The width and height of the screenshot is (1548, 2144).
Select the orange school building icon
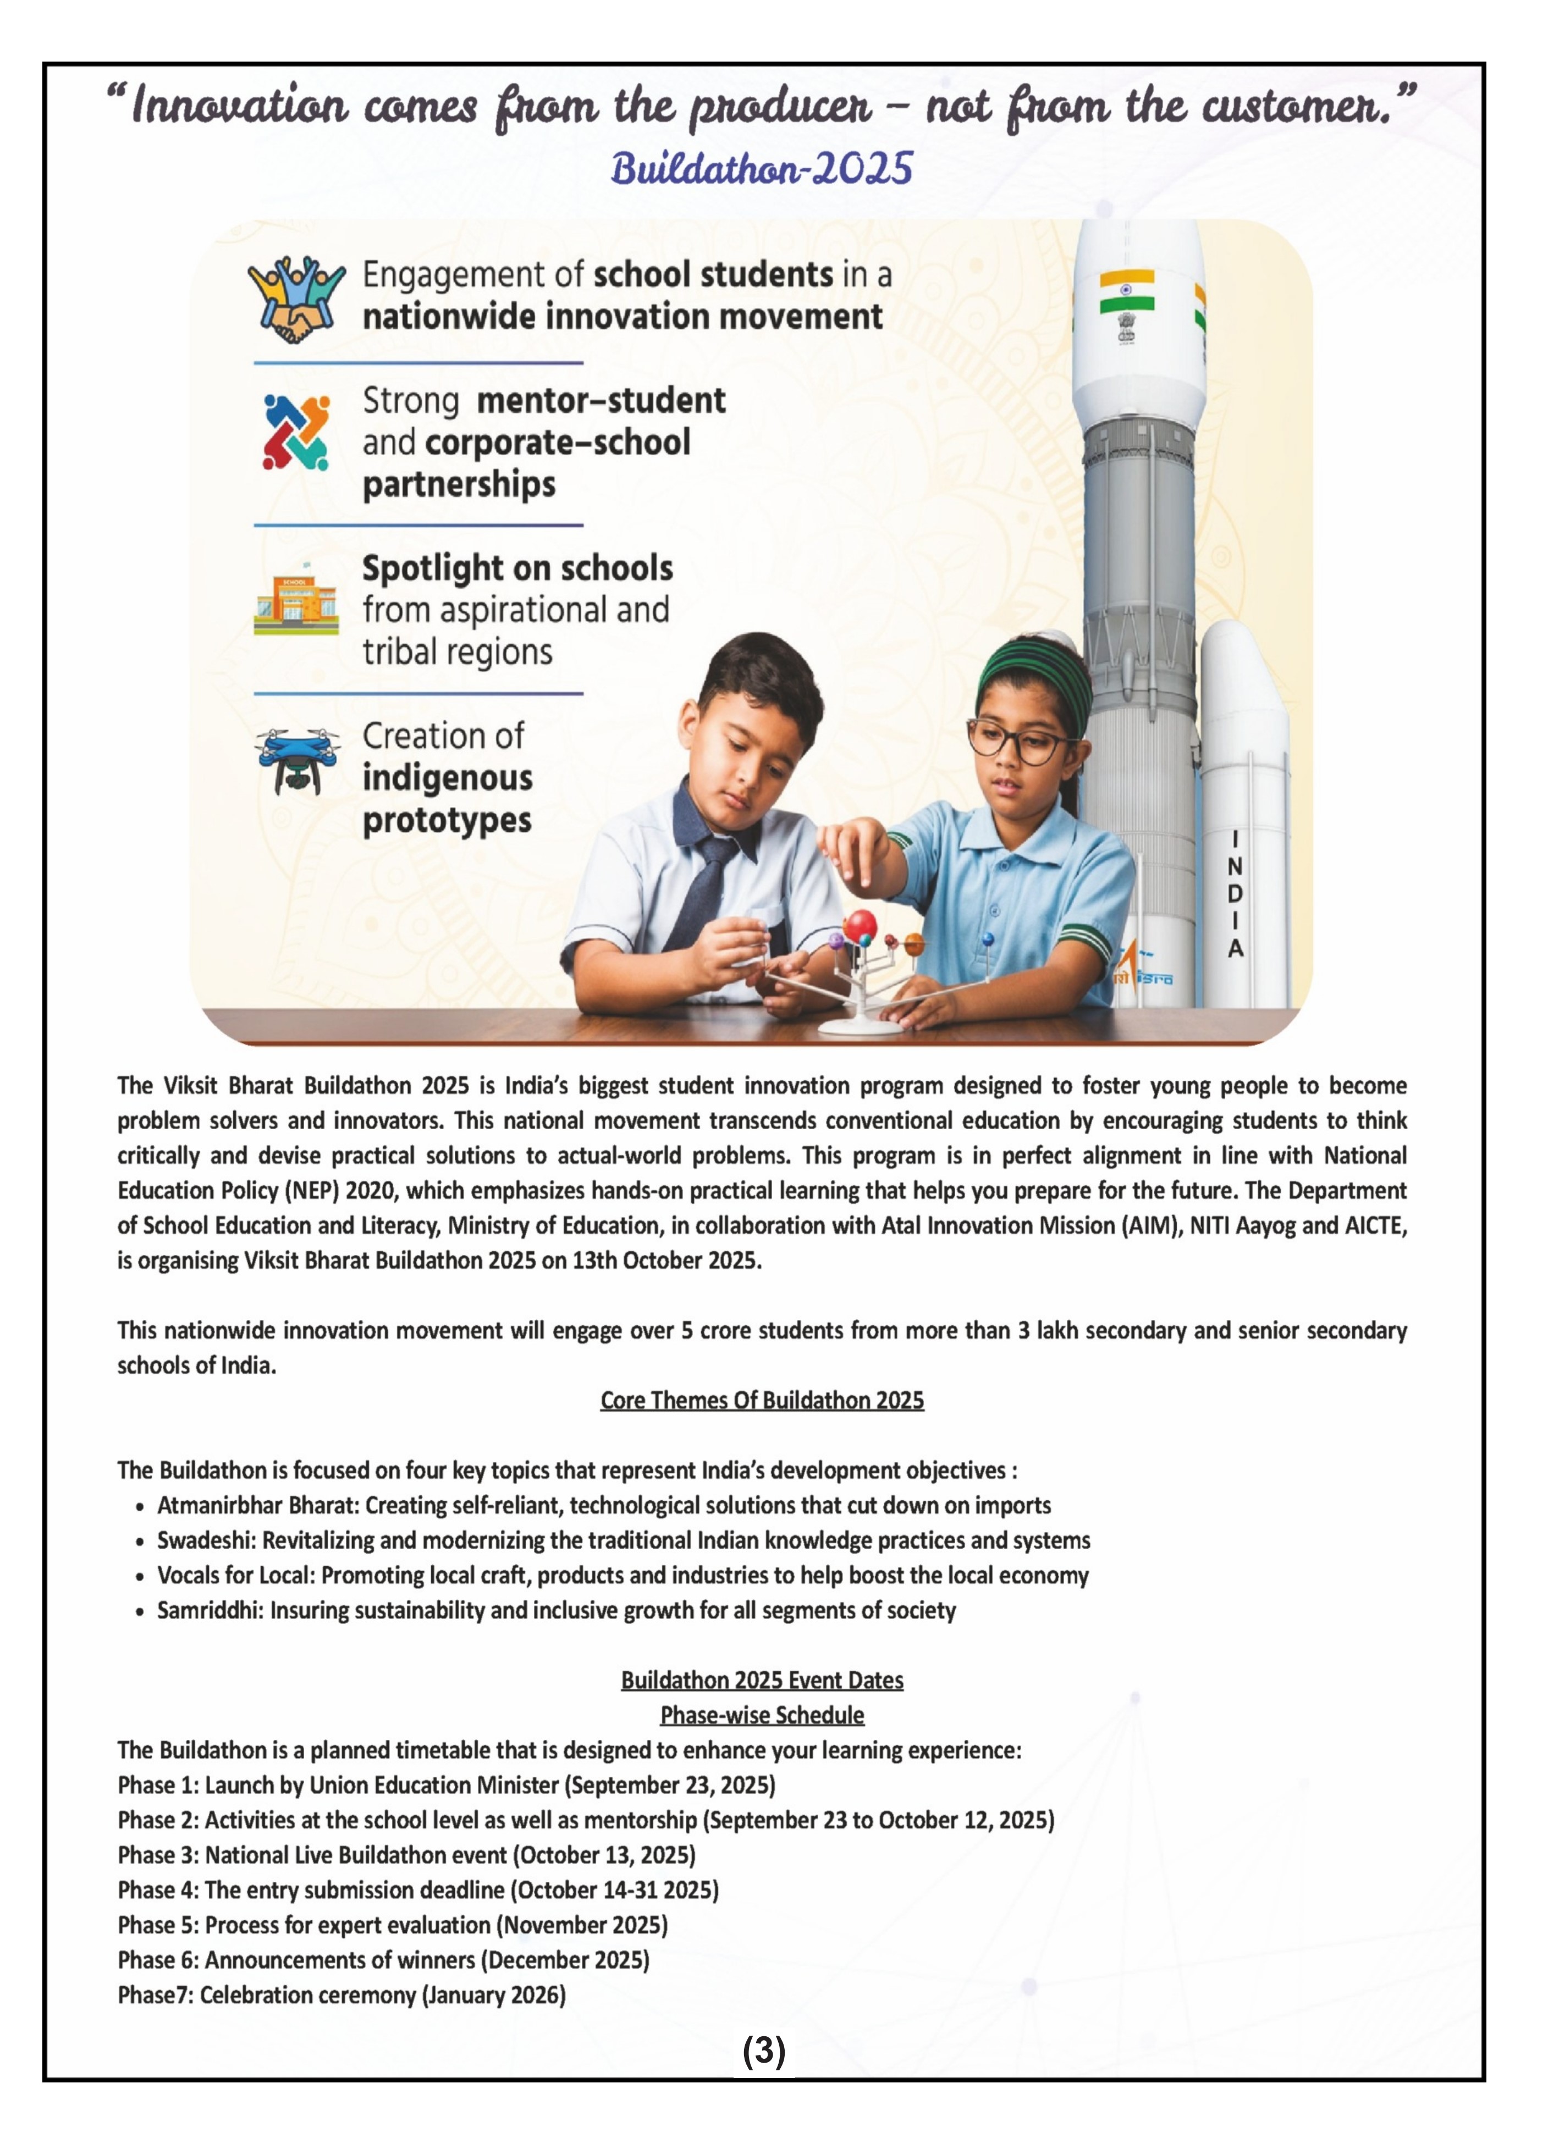click(x=296, y=603)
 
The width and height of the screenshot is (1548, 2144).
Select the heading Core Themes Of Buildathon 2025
click(x=761, y=1400)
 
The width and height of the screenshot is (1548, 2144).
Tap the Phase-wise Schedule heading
click(x=761, y=1715)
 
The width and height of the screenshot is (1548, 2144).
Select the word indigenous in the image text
click(x=447, y=778)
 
